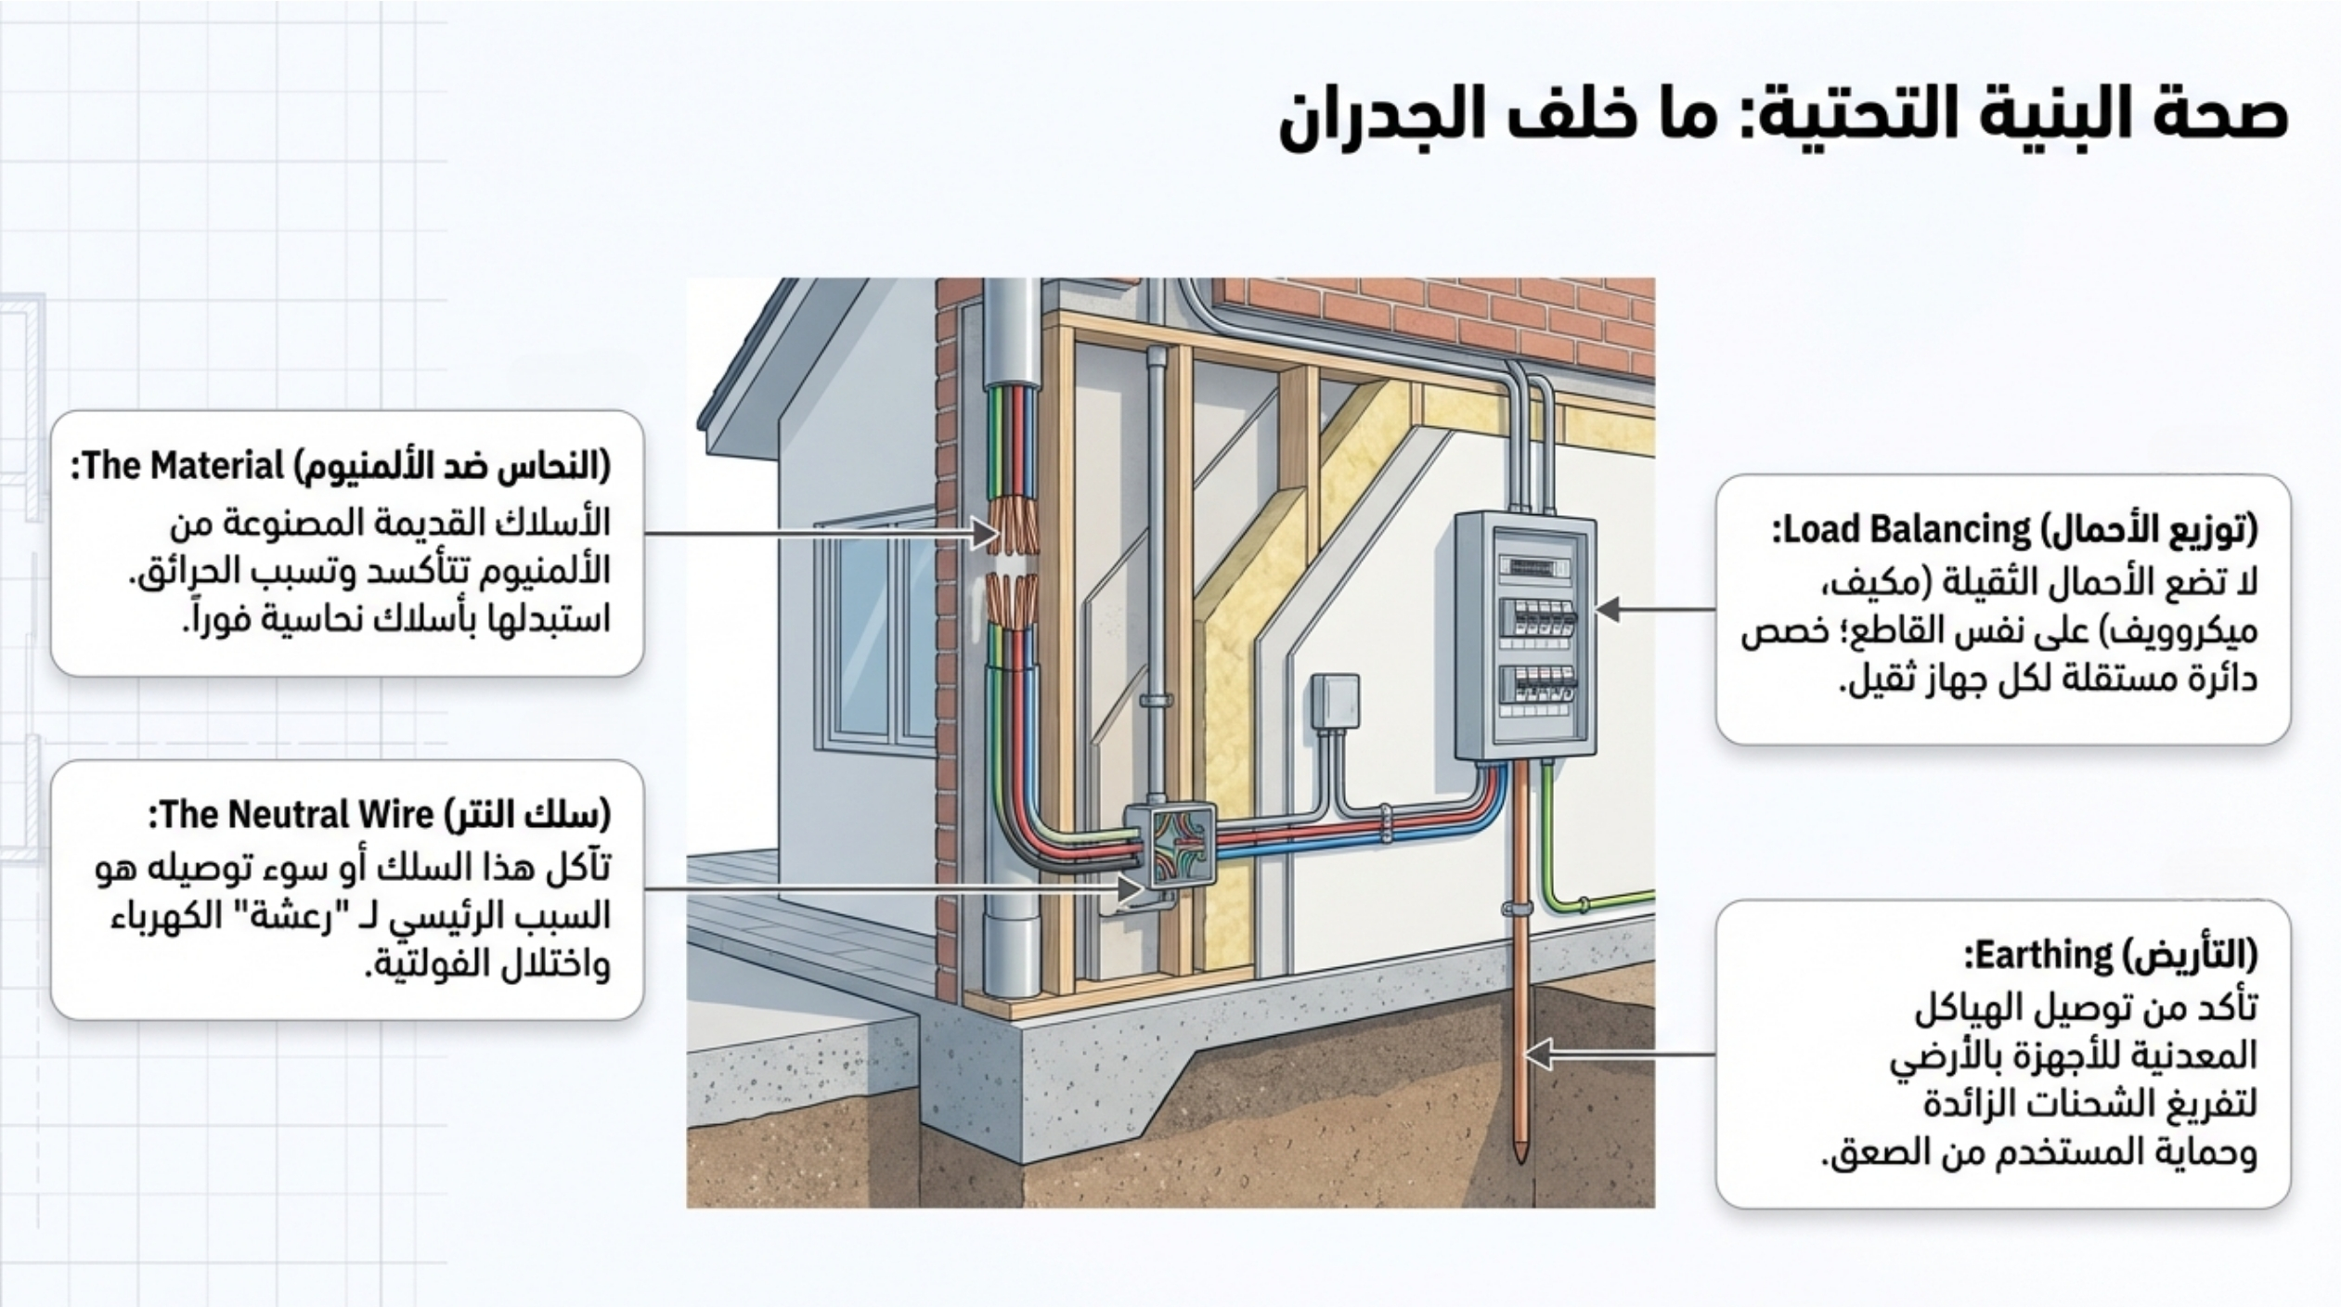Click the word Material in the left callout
click(222, 466)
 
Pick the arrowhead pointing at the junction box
click(1129, 889)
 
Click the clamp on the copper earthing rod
click(1520, 908)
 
